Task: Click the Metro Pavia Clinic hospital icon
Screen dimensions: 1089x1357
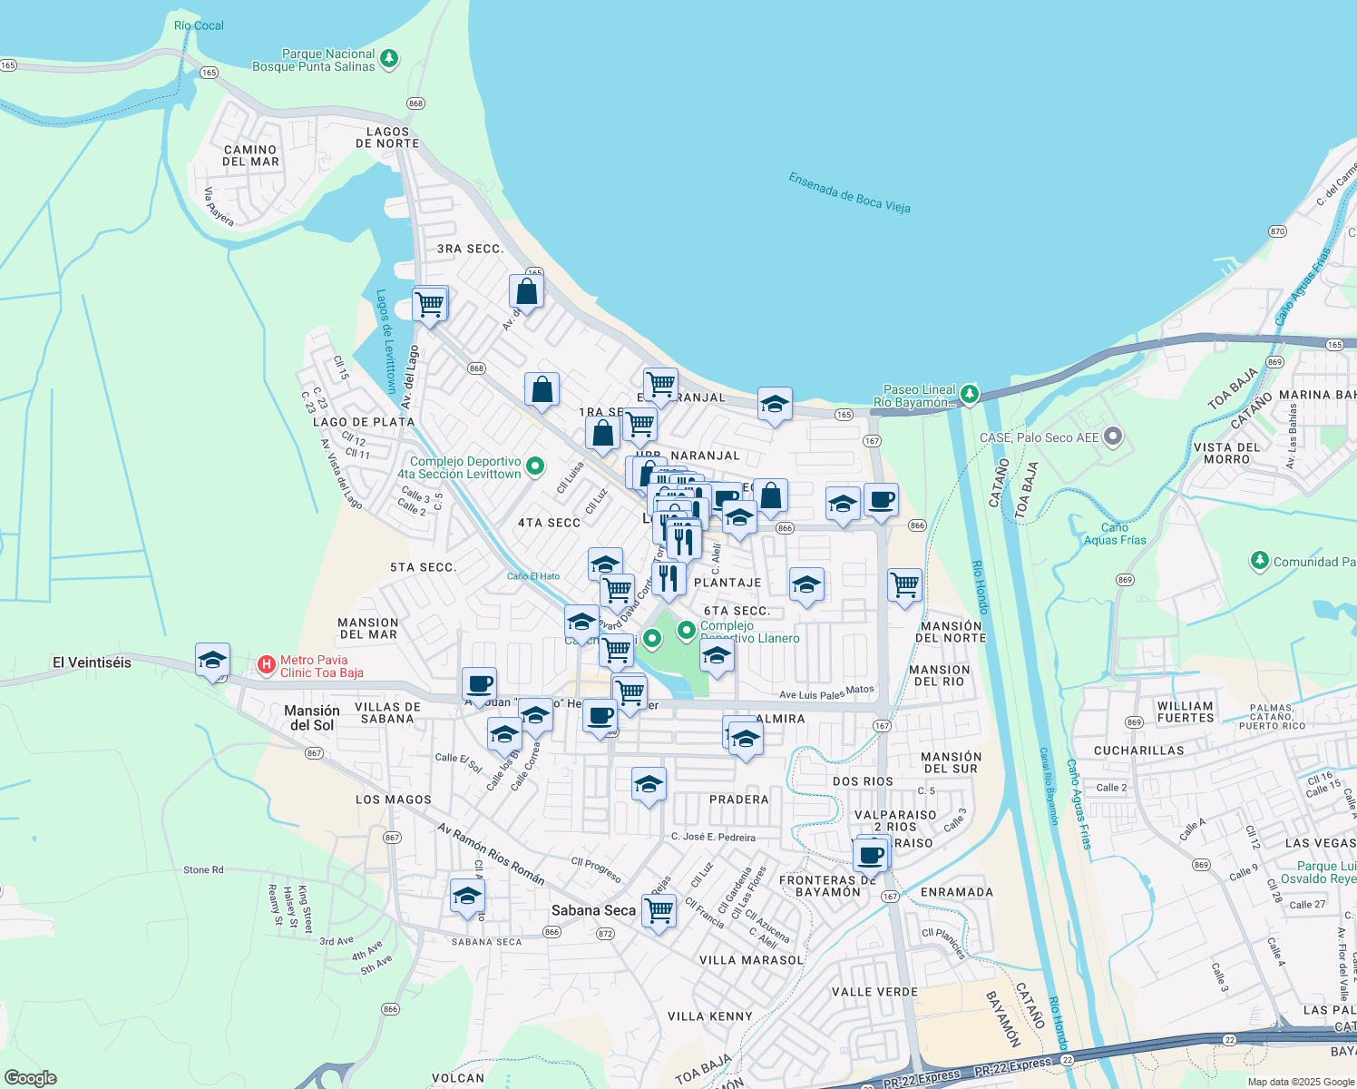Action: pos(267,665)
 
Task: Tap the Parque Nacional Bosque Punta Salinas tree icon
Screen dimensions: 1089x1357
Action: pos(389,59)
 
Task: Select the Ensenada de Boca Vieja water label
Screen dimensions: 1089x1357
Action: pos(849,192)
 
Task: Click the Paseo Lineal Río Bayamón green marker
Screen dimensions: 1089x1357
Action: pos(970,393)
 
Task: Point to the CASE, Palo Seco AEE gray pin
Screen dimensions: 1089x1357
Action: pos(1113,437)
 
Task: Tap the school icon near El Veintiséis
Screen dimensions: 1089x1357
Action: pos(212,660)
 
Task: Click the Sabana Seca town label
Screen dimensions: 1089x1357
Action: pos(593,910)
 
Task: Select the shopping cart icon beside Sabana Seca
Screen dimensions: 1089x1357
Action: pos(659,908)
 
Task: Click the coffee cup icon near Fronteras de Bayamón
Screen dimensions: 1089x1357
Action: pos(871,854)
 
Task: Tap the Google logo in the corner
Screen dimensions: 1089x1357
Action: pos(30,1077)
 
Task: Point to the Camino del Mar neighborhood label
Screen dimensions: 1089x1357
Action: pos(250,155)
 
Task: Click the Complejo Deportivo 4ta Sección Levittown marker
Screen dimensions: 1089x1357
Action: pos(535,466)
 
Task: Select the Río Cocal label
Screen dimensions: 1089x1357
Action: pos(199,25)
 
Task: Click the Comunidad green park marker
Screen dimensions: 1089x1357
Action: pos(1259,560)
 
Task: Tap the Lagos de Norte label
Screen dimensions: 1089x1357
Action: pos(387,137)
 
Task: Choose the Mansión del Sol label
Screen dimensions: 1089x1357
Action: pos(312,718)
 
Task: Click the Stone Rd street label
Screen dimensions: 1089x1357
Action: pos(203,869)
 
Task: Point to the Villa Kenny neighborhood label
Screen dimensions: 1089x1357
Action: pos(709,1016)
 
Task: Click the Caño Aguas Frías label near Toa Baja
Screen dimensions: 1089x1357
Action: pos(1115,534)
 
